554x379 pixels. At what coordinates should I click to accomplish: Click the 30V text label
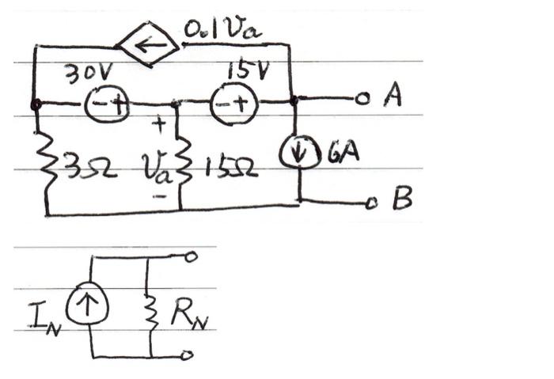[89, 74]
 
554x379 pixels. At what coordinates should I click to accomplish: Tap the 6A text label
[342, 150]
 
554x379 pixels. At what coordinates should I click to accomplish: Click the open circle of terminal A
[361, 100]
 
